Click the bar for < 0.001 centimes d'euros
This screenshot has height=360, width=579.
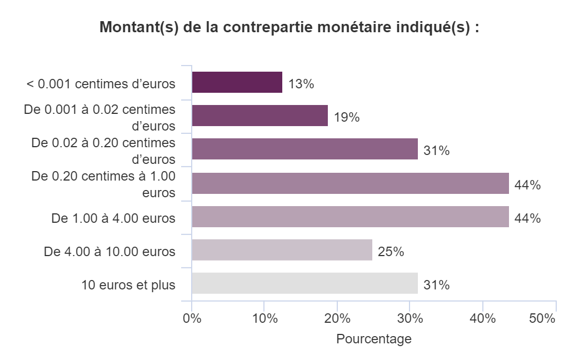click(x=237, y=83)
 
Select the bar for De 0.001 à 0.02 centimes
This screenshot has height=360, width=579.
click(x=259, y=116)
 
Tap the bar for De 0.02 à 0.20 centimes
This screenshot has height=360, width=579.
click(x=305, y=149)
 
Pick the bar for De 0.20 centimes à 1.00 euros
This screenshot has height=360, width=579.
click(x=350, y=183)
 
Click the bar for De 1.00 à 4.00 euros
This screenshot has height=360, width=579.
click(x=350, y=217)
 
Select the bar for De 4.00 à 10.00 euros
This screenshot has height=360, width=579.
click(x=282, y=250)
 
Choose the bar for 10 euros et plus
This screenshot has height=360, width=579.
click(x=305, y=283)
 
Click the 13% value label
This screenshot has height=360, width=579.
click(x=301, y=84)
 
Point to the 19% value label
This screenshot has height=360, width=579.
click(x=347, y=118)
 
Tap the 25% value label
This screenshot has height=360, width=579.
click(x=391, y=252)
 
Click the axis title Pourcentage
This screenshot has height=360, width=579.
click(x=374, y=339)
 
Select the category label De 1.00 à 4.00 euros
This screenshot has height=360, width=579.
click(x=113, y=219)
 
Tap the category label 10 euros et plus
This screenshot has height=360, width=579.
click(x=128, y=286)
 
